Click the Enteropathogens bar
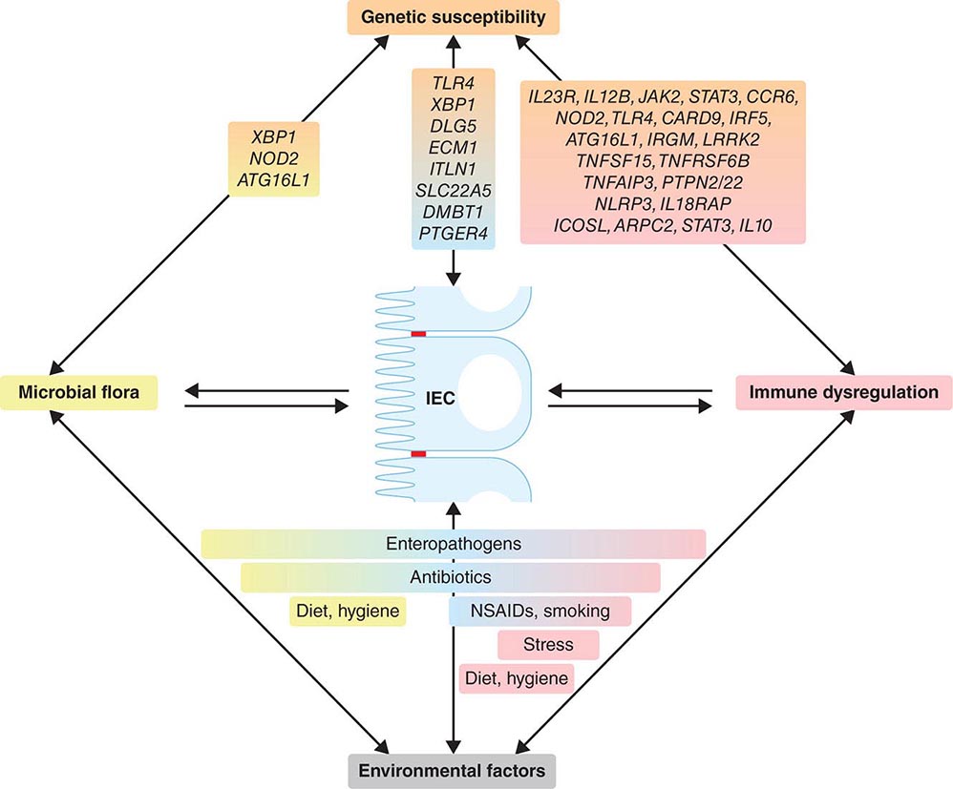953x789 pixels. point(453,545)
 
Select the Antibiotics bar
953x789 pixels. point(450,577)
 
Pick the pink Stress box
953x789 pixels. point(548,644)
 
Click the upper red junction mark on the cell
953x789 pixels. point(418,333)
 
